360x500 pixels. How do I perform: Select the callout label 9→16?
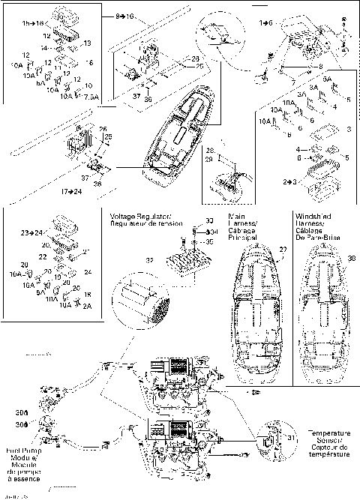pos(125,15)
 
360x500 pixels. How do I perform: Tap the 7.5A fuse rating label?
pos(91,97)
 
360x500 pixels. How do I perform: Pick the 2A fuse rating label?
pos(88,305)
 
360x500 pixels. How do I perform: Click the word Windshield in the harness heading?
pos(313,214)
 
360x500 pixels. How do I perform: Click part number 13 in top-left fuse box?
pos(86,43)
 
